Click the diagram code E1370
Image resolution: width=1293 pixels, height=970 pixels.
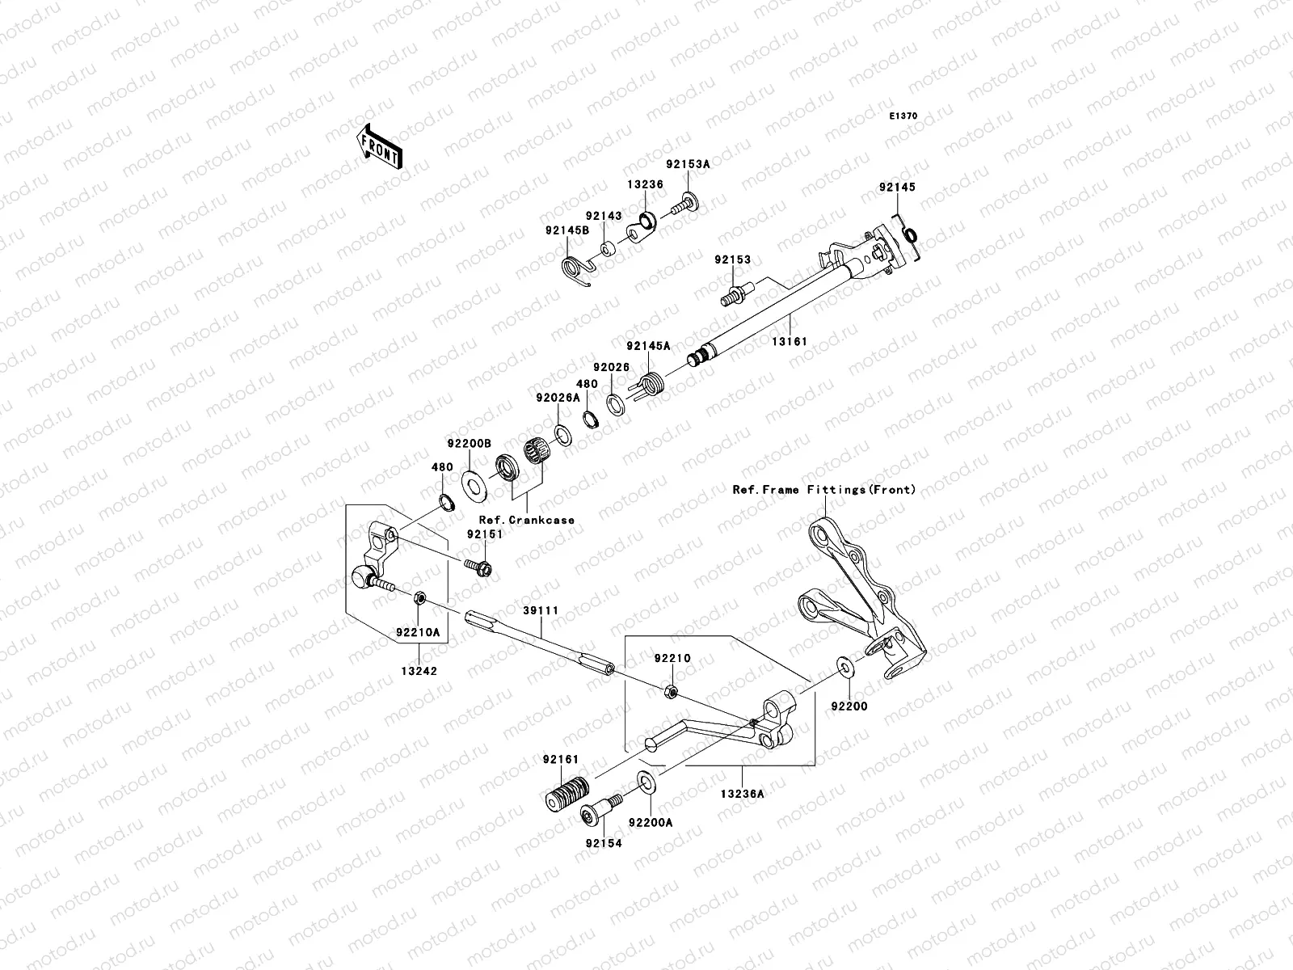coord(903,116)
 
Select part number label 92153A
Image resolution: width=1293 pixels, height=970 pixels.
coord(688,163)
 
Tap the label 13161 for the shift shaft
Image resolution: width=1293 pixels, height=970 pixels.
coord(788,341)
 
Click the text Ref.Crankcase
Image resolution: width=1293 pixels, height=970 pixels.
coord(526,520)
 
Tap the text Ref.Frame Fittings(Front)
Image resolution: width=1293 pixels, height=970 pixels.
coord(824,489)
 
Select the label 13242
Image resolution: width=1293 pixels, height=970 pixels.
coord(417,670)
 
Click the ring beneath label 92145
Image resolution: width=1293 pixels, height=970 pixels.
coord(908,235)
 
